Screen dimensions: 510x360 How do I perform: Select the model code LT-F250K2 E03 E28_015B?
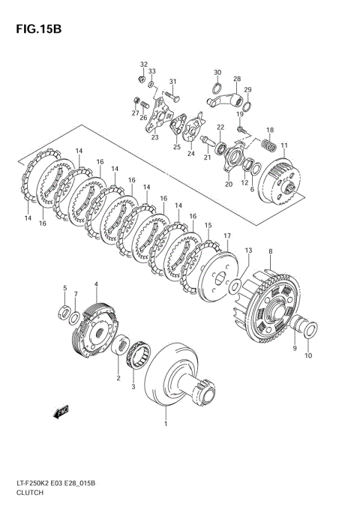coord(58,481)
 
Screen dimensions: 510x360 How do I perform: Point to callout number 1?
coord(166,424)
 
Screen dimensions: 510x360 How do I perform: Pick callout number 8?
coord(270,252)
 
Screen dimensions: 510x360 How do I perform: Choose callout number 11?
coord(283,145)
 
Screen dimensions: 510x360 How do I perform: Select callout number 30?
coord(217,73)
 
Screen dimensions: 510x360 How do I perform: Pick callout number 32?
coord(143,64)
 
